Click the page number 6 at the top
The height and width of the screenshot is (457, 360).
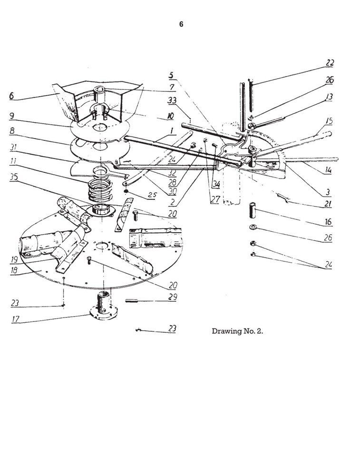pyautogui.click(x=181, y=25)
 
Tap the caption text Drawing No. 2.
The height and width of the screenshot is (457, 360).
pyautogui.click(x=237, y=331)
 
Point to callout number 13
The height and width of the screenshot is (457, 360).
pyautogui.click(x=329, y=97)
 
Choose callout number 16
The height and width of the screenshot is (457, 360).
pyautogui.click(x=328, y=222)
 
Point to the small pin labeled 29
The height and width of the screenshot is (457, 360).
pyautogui.click(x=136, y=300)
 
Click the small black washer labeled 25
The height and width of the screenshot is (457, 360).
pyautogui.click(x=127, y=191)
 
